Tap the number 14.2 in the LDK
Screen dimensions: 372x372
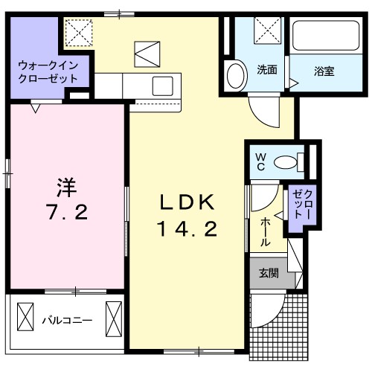click(187, 230)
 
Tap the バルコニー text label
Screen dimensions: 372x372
click(66, 321)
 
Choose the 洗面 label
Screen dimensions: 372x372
click(267, 71)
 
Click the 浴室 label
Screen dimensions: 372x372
click(323, 71)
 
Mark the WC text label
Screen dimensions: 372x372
click(261, 161)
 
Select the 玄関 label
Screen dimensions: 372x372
click(269, 273)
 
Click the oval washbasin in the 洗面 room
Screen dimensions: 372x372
click(236, 76)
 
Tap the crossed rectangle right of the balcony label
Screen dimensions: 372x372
click(114, 318)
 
